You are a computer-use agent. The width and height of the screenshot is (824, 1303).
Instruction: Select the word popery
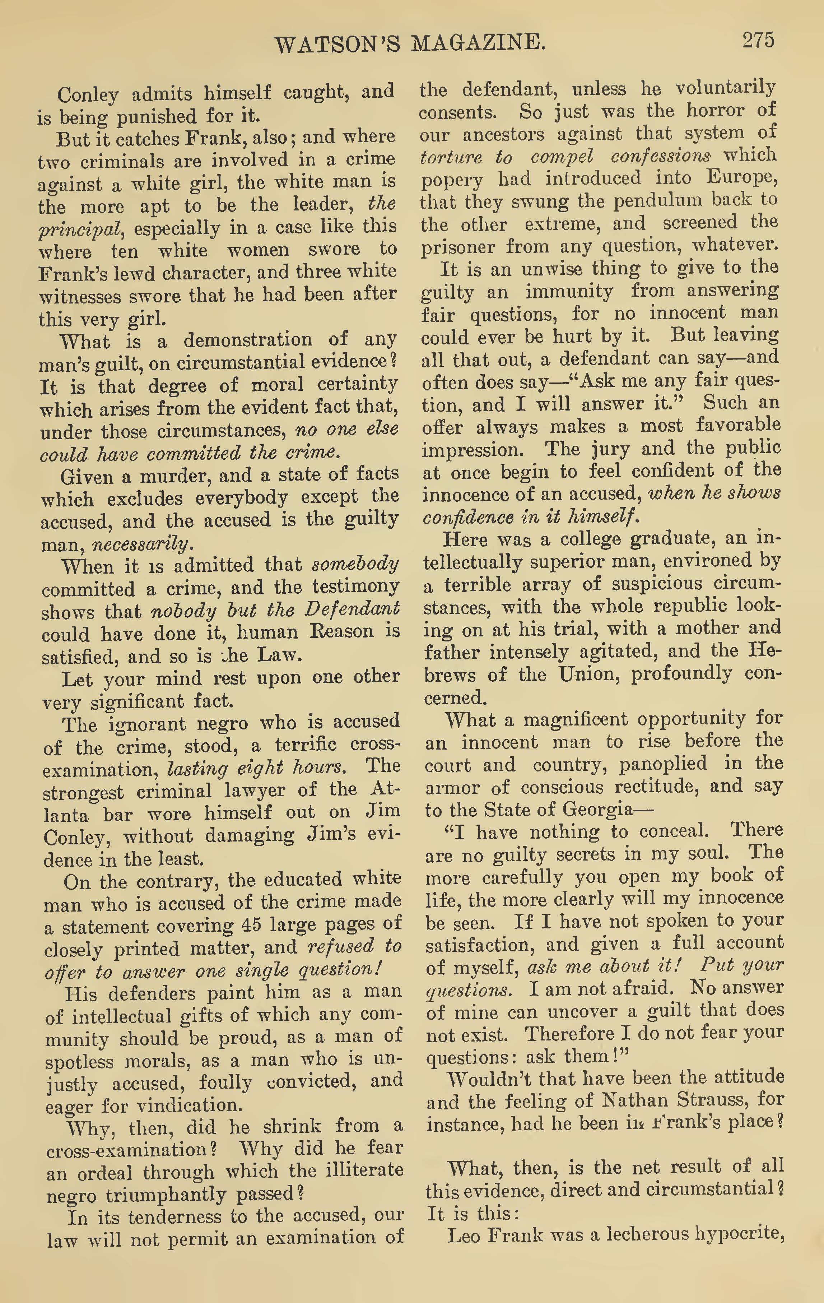pos(450,180)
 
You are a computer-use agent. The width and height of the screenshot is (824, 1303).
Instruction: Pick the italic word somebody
pos(355,564)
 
